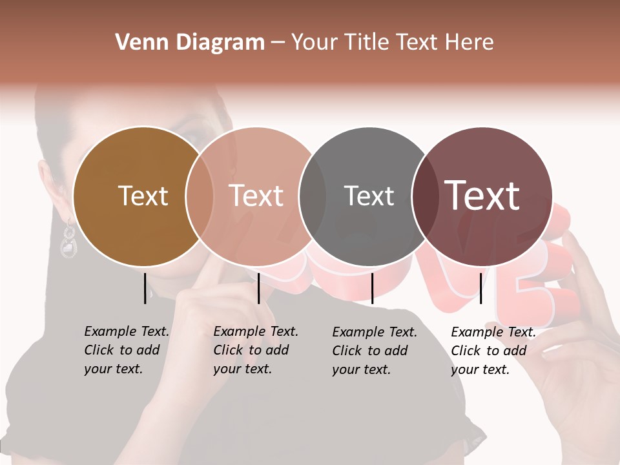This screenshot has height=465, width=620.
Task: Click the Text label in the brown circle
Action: (x=143, y=196)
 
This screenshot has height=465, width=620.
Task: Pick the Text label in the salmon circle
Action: (x=256, y=196)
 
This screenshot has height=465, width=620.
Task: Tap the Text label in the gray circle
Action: (x=369, y=196)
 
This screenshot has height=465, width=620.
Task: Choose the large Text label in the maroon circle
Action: (x=482, y=196)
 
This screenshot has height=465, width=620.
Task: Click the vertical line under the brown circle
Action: (x=145, y=288)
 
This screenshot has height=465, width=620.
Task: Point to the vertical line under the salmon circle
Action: (x=258, y=288)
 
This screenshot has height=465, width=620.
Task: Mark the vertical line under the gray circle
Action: (x=372, y=288)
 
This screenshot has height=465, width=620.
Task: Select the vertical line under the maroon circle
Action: (x=481, y=288)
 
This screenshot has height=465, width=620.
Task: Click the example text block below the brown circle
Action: (x=127, y=350)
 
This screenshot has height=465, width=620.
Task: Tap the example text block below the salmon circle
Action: (x=256, y=350)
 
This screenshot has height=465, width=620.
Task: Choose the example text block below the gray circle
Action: (x=375, y=351)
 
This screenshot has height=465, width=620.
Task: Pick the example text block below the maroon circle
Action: (x=493, y=351)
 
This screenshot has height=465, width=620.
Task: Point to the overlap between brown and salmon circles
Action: (x=200, y=196)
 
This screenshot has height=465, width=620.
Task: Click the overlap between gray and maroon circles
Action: (x=423, y=196)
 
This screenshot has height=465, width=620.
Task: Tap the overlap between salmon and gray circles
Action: (x=313, y=196)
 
